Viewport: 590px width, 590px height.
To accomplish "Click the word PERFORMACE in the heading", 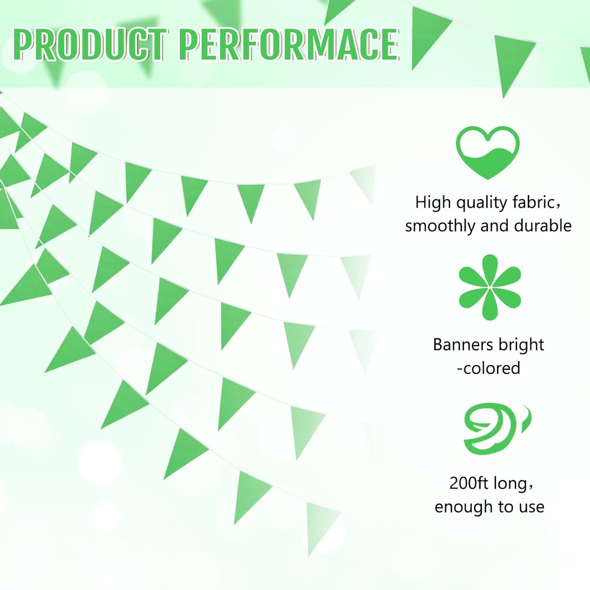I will click(288, 45).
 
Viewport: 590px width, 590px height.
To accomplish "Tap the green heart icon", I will click(488, 152).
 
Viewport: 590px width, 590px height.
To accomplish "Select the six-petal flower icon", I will click(490, 287).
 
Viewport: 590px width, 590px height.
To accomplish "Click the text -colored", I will click(488, 368).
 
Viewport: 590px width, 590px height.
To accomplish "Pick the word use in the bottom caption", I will click(532, 508).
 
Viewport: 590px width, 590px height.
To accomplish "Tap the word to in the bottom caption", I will click(505, 507).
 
